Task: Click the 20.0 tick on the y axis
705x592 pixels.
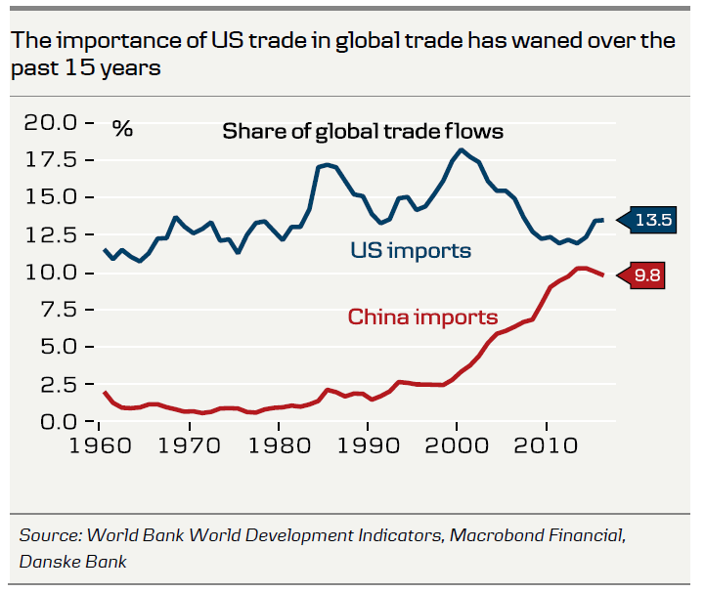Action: (53, 123)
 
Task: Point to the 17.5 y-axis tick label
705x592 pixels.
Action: (53, 160)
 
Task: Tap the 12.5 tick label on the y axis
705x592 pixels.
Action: (53, 235)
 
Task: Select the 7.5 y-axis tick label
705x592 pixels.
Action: (60, 310)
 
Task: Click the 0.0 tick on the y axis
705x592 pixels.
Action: (60, 422)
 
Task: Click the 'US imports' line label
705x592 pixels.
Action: (411, 251)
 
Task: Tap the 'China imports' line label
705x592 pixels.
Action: (422, 317)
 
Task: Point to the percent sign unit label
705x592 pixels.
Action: (122, 129)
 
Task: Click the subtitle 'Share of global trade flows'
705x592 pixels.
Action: (362, 131)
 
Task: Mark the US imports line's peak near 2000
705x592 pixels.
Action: (461, 149)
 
